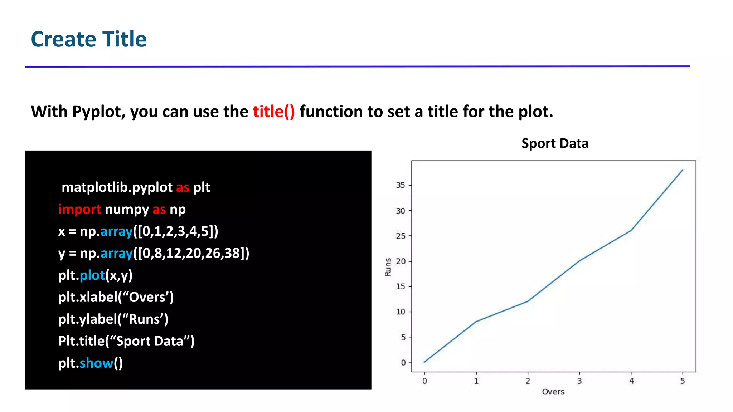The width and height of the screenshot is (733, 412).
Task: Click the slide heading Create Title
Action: (x=89, y=39)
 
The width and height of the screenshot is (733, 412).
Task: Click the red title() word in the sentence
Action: (x=274, y=112)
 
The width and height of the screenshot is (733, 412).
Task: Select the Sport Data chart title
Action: (x=555, y=143)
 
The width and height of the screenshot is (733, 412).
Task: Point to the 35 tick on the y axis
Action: (x=401, y=185)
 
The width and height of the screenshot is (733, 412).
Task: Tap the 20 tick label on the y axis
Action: (x=401, y=261)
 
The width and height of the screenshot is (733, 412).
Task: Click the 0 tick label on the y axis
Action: (x=403, y=363)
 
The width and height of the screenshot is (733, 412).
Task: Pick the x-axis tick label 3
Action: (x=579, y=381)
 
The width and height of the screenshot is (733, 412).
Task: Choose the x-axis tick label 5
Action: (x=683, y=381)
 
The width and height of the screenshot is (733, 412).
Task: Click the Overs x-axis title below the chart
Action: (x=553, y=392)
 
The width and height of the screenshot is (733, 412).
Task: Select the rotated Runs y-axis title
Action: (x=388, y=267)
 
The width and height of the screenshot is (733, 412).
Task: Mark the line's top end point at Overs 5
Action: (x=683, y=170)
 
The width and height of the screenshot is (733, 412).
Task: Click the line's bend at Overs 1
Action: (x=476, y=322)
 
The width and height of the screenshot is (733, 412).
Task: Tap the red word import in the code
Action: (x=79, y=210)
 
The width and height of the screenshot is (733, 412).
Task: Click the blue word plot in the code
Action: (x=92, y=275)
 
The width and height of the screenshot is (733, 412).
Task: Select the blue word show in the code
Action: (x=96, y=363)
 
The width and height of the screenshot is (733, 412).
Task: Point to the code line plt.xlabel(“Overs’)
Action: (x=116, y=297)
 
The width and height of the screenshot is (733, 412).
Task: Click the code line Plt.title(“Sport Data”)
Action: (x=126, y=341)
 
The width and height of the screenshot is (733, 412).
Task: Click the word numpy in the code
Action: (x=127, y=210)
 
